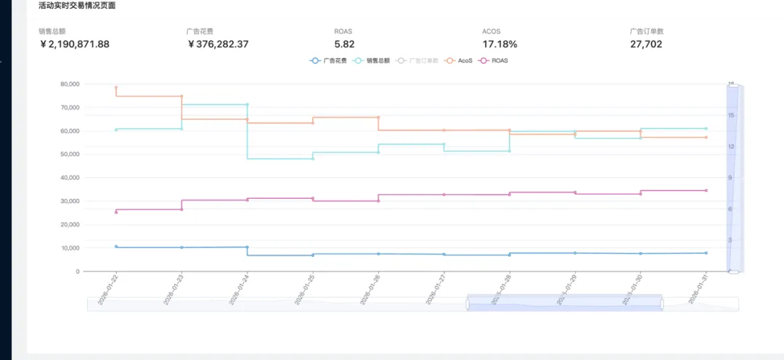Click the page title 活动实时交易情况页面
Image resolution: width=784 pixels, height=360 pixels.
[x=77, y=6]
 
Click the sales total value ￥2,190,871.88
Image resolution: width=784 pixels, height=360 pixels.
[x=75, y=44]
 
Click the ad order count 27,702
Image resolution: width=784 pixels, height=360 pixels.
[x=646, y=44]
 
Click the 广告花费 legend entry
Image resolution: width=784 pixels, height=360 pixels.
[x=329, y=60]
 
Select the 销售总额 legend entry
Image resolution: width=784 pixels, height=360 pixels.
[x=372, y=60]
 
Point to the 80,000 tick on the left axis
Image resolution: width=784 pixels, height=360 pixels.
[x=70, y=84]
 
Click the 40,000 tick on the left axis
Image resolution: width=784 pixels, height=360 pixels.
[x=70, y=178]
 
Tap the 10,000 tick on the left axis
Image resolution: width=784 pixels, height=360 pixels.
[x=70, y=248]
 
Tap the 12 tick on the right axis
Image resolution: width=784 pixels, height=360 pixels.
[x=731, y=147]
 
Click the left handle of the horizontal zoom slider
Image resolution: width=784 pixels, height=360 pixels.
[x=467, y=303]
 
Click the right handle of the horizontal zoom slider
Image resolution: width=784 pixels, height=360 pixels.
[x=662, y=303]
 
